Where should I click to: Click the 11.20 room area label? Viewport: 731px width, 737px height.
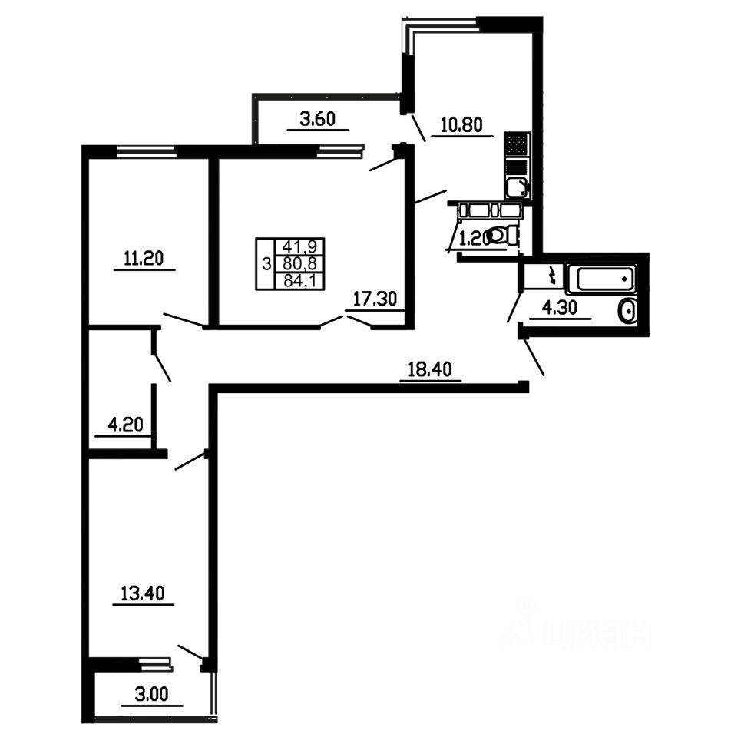(144, 258)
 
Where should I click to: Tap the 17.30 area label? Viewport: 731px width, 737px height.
(375, 299)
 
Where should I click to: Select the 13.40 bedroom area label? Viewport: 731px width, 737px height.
(143, 593)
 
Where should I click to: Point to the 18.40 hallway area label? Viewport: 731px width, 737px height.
(430, 369)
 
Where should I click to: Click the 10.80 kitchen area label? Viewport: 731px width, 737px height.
(461, 124)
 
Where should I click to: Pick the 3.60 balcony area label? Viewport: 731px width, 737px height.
(318, 118)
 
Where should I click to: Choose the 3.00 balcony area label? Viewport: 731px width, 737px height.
(151, 694)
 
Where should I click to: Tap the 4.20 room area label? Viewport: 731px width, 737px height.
(125, 425)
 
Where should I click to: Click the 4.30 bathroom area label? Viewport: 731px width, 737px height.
(560, 308)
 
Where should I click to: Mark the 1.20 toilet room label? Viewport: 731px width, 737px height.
(474, 240)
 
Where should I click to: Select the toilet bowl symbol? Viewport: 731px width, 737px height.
(502, 235)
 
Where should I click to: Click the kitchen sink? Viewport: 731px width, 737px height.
(517, 187)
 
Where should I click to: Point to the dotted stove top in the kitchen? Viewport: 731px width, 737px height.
(517, 144)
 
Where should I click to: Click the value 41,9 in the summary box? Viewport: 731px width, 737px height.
(299, 246)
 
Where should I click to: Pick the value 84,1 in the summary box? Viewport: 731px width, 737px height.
(299, 281)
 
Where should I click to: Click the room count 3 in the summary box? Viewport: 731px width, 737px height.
(266, 263)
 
